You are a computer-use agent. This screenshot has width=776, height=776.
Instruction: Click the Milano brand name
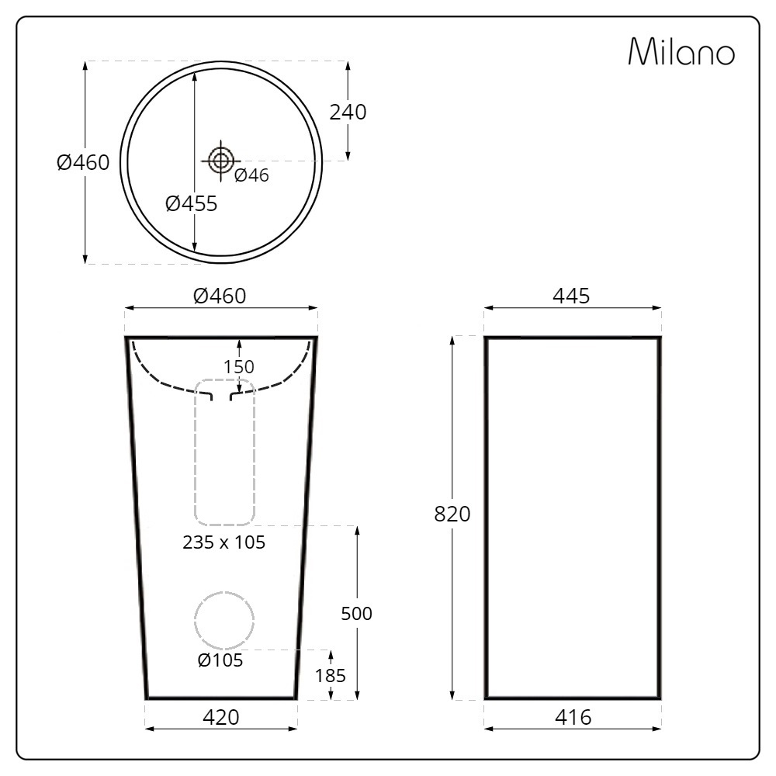tap(681, 52)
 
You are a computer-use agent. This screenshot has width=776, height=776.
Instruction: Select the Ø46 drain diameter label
tap(251, 175)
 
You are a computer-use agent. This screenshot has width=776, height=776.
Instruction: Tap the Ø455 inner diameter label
tap(191, 204)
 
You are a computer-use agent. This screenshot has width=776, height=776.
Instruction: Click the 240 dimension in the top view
tap(348, 112)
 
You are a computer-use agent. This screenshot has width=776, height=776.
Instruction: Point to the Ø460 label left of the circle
tap(83, 163)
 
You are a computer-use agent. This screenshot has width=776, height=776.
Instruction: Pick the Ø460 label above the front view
tap(220, 296)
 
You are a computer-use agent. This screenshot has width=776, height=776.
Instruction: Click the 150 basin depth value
tap(239, 366)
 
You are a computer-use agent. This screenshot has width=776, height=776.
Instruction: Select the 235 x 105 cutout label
tap(223, 542)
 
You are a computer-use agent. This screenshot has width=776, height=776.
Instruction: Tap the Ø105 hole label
tap(220, 660)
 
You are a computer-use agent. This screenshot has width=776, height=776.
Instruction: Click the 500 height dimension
tap(357, 613)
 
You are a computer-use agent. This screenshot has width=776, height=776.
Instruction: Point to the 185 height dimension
tap(331, 675)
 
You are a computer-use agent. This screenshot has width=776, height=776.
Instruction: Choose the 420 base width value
tap(221, 717)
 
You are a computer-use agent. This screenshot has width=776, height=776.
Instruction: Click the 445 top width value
tap(572, 296)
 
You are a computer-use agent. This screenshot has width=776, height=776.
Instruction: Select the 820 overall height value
tap(452, 514)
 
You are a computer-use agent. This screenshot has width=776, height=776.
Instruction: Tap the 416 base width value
tap(573, 717)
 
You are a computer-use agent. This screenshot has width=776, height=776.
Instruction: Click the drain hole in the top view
tap(221, 161)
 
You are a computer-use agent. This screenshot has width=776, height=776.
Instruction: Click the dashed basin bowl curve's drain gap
tap(221, 396)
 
